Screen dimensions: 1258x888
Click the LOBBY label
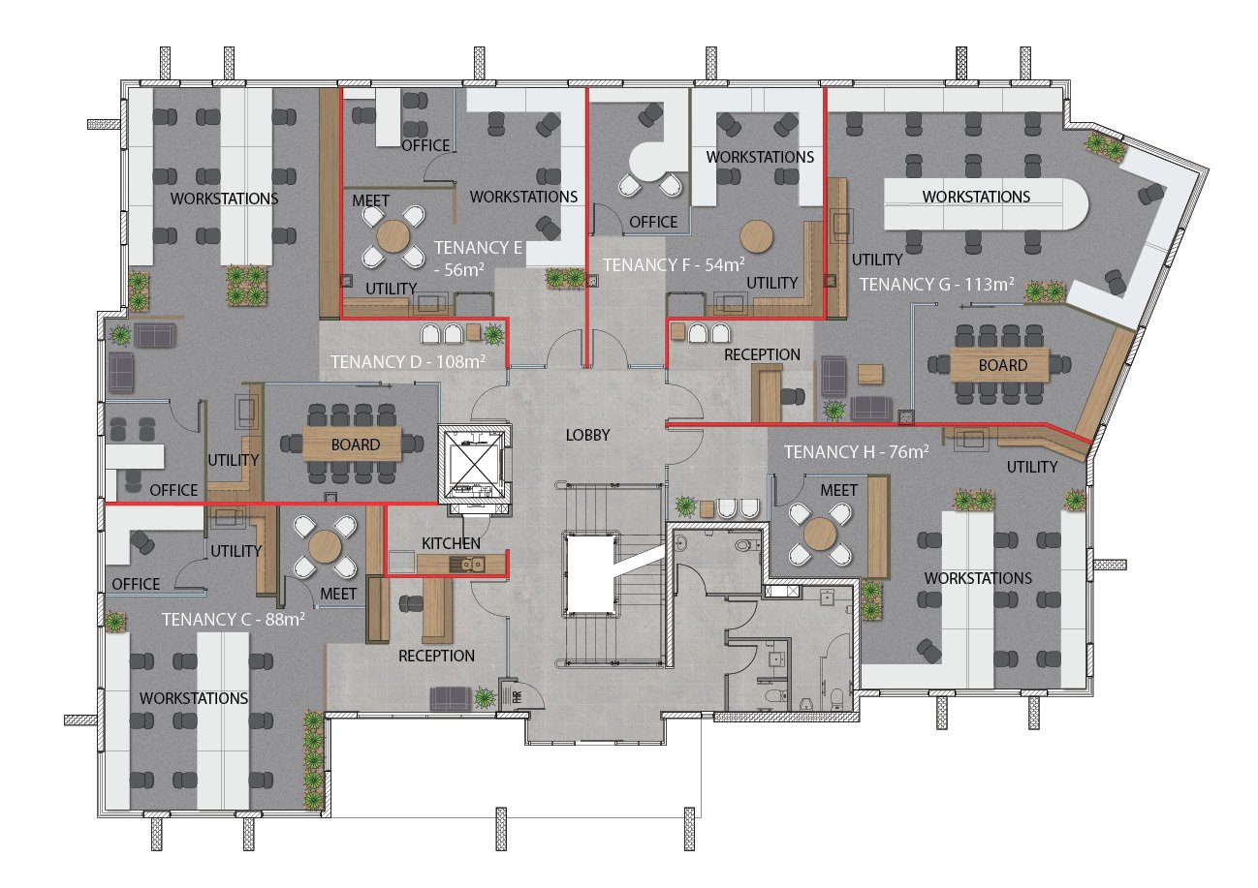[587, 435]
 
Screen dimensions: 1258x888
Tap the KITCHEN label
[451, 543]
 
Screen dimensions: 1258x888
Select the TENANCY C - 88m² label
[234, 619]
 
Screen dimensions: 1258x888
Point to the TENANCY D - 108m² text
[408, 361]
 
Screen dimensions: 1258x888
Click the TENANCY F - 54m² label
[674, 264]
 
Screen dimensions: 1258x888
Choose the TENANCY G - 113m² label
[937, 284]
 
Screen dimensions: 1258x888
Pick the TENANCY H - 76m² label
[857, 451]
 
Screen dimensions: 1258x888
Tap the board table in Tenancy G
[999, 365]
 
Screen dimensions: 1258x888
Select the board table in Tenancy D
[352, 444]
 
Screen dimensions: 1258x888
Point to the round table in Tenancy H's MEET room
[820, 534]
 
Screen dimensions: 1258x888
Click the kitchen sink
[469, 563]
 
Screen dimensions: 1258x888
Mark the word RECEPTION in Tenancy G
[762, 354]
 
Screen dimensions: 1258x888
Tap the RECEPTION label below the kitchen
[436, 656]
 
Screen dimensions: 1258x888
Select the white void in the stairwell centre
[589, 573]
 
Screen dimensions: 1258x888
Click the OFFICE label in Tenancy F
[653, 223]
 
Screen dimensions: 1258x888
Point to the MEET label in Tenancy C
[338, 594]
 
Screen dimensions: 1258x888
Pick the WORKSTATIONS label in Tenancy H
[978, 578]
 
